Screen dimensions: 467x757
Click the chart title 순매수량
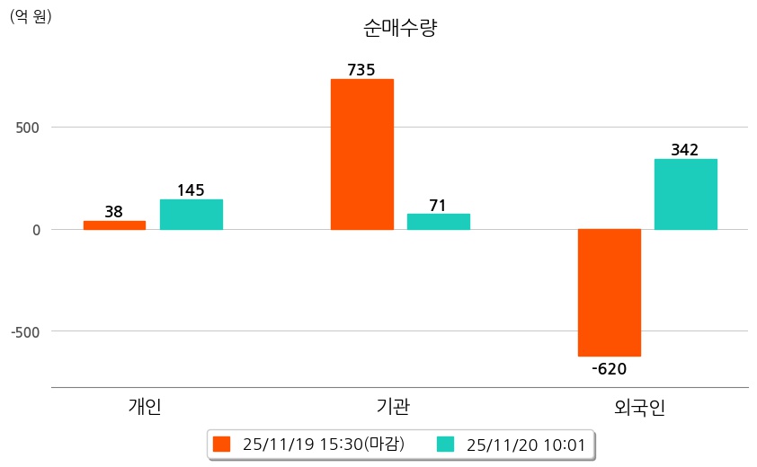[x=400, y=29]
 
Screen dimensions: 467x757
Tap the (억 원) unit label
[x=31, y=16]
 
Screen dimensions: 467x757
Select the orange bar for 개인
[x=114, y=225]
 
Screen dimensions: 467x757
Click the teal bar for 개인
[x=191, y=214]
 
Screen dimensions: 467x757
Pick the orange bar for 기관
[x=361, y=154]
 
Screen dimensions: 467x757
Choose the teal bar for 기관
[x=438, y=221]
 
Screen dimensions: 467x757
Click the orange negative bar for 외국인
[x=609, y=292]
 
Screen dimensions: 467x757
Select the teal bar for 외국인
[x=685, y=193]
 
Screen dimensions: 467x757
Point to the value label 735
[x=361, y=70]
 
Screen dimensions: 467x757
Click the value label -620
[x=609, y=368]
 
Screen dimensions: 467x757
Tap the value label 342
[x=685, y=150]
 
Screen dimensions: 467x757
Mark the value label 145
[x=191, y=190]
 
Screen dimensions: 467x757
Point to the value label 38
[x=114, y=212]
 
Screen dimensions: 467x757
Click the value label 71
[x=438, y=206]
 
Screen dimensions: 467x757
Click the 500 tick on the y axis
[x=29, y=128]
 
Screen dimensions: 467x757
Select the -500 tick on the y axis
[x=26, y=331]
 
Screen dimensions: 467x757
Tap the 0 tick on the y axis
[x=37, y=230]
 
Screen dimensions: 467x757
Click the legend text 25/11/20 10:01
[x=522, y=445]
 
